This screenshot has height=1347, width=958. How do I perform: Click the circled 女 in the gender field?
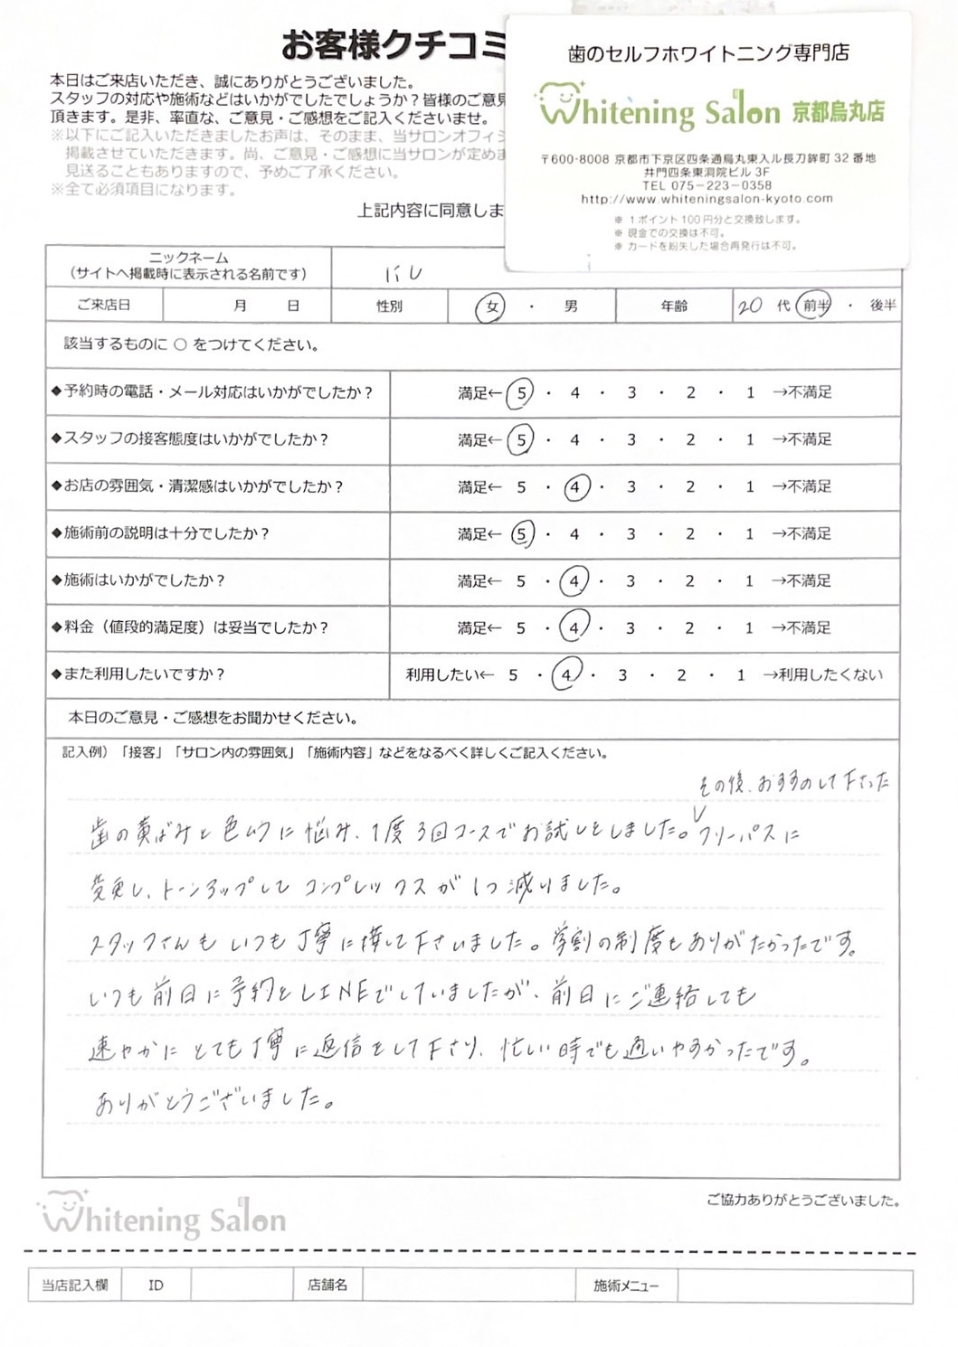[x=491, y=307]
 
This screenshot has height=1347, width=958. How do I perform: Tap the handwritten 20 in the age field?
[x=750, y=306]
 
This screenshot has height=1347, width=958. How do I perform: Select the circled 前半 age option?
[x=814, y=306]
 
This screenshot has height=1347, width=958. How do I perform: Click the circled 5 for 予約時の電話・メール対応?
[x=520, y=393]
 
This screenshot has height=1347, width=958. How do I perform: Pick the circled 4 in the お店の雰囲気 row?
[x=574, y=487]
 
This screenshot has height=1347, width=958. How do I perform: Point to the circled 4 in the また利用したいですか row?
[x=566, y=675]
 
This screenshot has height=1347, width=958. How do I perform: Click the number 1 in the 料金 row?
[x=749, y=627]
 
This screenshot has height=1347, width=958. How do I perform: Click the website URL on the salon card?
[x=707, y=199]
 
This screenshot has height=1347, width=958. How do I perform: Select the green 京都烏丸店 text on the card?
[x=838, y=112]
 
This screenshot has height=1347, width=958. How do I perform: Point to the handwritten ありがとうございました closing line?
[x=216, y=1100]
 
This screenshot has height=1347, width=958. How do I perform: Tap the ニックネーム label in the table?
[x=189, y=258]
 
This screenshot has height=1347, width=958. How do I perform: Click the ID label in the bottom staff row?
[x=156, y=1285]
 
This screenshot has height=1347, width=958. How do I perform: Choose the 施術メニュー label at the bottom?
[x=626, y=1285]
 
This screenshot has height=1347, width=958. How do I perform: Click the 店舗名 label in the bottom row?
[x=327, y=1285]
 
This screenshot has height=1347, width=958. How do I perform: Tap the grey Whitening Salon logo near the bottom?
[x=163, y=1218]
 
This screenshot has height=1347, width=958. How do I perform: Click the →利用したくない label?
[x=822, y=674]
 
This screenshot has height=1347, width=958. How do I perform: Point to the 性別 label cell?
[x=389, y=306]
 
